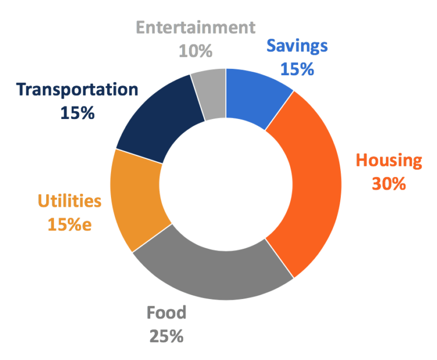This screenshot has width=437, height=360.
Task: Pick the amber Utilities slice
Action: point(137,199)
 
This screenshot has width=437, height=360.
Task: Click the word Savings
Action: point(297,45)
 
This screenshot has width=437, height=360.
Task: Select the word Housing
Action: point(389,161)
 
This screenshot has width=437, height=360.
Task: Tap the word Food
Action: point(166,313)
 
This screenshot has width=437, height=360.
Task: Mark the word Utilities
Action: point(69,201)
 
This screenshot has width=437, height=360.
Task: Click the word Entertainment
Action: point(195,27)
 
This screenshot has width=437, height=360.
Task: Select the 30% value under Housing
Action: point(389,184)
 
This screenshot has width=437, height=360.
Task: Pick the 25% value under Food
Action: point(166,336)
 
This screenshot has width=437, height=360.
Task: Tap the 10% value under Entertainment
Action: point(195,51)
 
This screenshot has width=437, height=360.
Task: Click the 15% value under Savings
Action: point(297,69)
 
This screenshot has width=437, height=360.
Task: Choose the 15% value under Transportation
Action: point(77,113)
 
